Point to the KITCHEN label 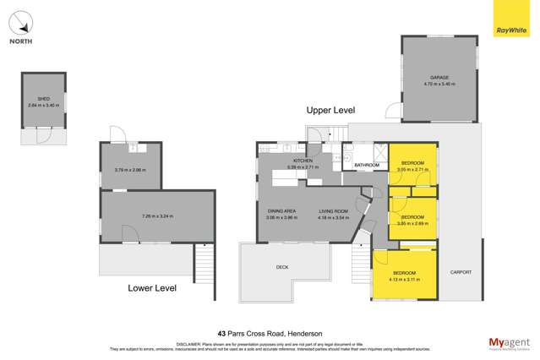(303, 161)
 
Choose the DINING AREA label (281, 211)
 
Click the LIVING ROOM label (333, 211)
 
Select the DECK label (282, 267)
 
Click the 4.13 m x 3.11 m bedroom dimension (404, 278)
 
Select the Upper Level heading (330, 111)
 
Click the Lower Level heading (151, 288)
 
